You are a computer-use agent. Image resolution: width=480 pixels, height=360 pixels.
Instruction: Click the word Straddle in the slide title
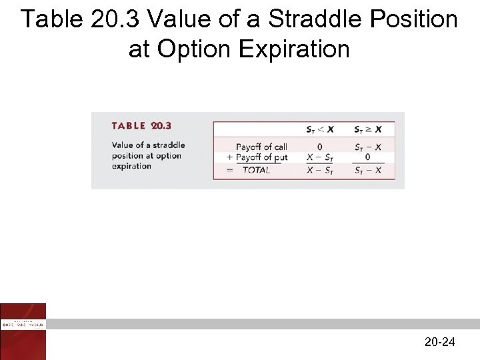point(313,19)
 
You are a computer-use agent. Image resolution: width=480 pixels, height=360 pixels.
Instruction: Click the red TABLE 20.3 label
point(141,126)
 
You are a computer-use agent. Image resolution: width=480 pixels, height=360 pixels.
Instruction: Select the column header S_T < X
point(320,129)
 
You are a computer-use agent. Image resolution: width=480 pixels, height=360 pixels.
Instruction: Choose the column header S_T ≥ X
point(368,129)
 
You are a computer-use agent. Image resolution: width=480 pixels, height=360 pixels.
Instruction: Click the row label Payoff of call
point(261,147)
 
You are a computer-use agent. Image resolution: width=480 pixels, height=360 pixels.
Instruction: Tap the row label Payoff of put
point(262,157)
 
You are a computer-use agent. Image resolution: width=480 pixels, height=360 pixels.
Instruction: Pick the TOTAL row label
point(256,170)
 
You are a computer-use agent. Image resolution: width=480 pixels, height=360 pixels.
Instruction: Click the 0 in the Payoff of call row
point(320,147)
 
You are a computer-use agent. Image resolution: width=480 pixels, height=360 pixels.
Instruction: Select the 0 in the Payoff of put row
point(368,157)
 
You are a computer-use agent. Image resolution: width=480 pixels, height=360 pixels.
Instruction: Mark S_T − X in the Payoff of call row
point(368,147)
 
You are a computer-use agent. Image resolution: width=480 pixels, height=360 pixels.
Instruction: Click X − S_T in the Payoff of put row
point(320,157)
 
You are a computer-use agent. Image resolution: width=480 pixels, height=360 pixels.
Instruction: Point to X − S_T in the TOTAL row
point(320,170)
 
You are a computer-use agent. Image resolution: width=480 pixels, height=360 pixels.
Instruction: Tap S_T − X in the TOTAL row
point(368,170)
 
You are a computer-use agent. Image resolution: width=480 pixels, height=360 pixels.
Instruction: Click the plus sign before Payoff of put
point(230,157)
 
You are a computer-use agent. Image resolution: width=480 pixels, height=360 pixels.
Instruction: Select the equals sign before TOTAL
point(230,170)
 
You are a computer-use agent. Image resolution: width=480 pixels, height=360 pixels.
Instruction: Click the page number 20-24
point(439,342)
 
